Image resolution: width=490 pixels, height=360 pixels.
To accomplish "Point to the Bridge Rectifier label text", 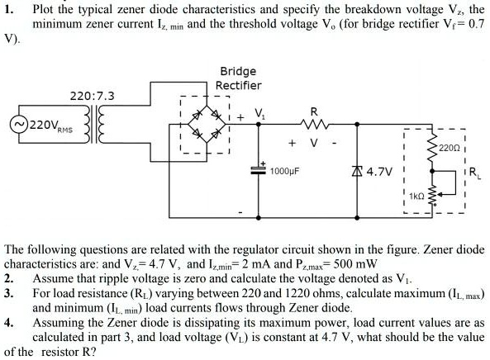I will click(x=238, y=78).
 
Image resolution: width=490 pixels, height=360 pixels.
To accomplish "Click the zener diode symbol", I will click(x=355, y=172).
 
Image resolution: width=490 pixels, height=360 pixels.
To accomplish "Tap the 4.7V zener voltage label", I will click(x=379, y=173).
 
